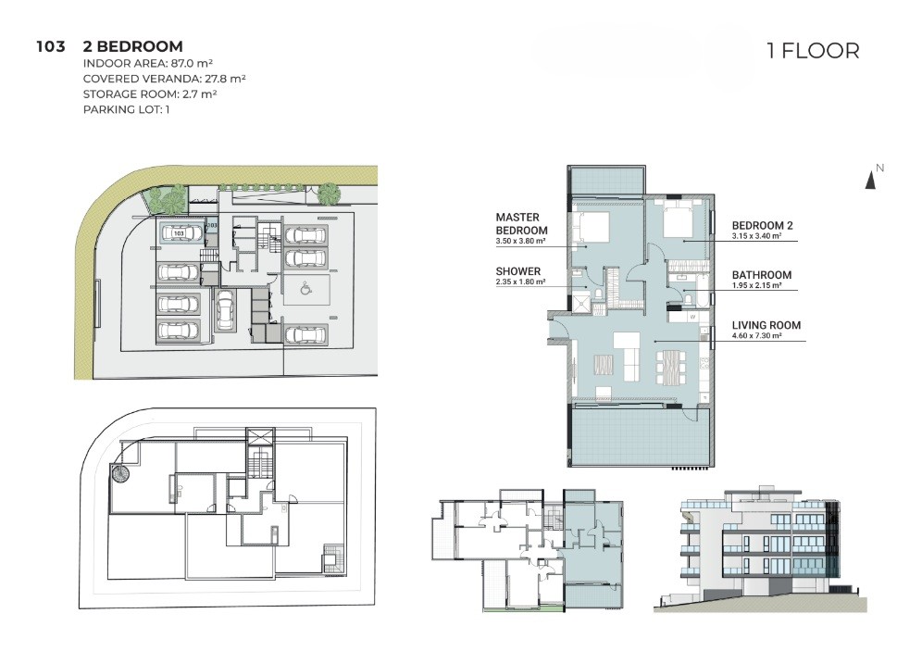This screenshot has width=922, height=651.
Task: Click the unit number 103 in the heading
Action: point(51,46)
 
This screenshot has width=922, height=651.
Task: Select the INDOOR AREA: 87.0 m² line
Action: point(147,64)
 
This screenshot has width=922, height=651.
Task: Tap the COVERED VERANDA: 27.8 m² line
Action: point(164,79)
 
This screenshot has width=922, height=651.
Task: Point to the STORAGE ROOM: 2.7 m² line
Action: point(150,94)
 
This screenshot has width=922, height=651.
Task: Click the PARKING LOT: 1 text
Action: point(127,109)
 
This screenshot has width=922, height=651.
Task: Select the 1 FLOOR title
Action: point(813,51)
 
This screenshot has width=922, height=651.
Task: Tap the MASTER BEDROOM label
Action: point(521,224)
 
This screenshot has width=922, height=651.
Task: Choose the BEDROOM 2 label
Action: point(762,225)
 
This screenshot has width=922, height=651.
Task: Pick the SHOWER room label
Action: point(518,271)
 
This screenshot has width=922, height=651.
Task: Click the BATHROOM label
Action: point(762,275)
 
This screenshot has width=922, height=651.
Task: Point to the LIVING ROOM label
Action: point(766,325)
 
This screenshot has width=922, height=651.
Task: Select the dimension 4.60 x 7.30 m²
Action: point(757,336)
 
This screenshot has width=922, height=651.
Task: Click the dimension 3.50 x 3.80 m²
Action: point(520,241)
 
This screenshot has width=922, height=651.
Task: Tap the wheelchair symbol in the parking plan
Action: point(305,289)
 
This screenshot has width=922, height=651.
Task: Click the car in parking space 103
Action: point(180,233)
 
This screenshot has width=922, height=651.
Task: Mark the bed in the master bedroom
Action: point(590,227)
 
